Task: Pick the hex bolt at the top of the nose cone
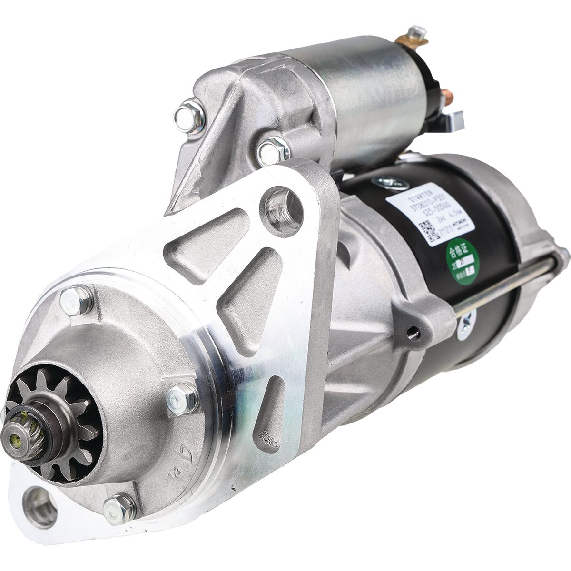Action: click(75, 301)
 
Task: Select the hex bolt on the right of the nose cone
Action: click(183, 397)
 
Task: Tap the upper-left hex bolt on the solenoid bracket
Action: click(189, 116)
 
